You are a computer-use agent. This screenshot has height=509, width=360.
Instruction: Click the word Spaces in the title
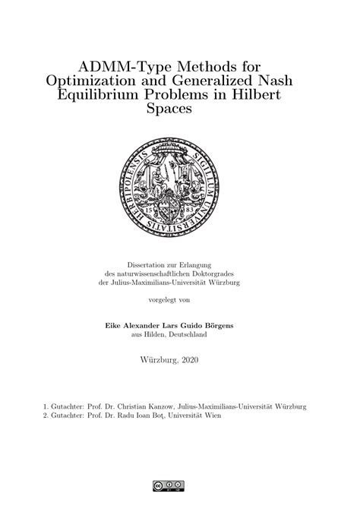click(x=179, y=109)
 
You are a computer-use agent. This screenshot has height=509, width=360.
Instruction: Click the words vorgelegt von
click(x=180, y=300)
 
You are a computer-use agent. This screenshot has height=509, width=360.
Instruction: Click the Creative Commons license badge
click(x=179, y=485)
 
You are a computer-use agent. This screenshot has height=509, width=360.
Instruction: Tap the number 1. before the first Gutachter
click(x=46, y=406)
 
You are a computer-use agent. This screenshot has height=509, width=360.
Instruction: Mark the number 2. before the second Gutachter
click(x=46, y=416)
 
